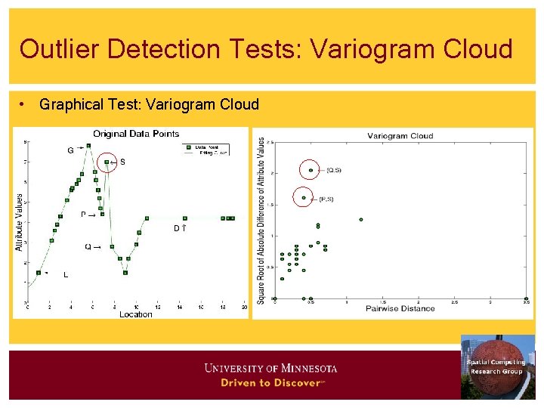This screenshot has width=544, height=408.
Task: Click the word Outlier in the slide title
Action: pos(59,49)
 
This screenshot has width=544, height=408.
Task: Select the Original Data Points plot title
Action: pos(136,134)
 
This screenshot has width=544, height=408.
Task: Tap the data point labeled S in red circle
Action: pos(107,162)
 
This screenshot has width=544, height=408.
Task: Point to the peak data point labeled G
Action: pos(88,145)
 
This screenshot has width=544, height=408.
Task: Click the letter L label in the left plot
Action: pos(65,275)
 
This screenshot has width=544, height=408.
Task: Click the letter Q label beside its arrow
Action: pos(88,247)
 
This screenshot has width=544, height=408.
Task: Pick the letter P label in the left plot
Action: pos(83,215)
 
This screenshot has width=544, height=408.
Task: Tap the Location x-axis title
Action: pos(136,314)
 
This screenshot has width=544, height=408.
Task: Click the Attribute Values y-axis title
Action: pos(19,223)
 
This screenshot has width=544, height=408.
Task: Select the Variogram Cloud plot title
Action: pos(400,136)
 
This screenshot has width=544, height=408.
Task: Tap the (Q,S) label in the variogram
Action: pos(334,171)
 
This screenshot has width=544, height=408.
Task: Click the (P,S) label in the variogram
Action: pos(326,199)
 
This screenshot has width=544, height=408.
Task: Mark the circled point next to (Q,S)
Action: pos(311,171)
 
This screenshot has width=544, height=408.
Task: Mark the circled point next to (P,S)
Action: pos(304,198)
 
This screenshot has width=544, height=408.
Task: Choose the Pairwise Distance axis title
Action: pos(400,308)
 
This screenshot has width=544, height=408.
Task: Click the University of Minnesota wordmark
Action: pos(270,369)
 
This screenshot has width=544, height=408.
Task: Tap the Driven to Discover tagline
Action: pos(270,383)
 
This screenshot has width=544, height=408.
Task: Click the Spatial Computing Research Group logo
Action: pos(497,366)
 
